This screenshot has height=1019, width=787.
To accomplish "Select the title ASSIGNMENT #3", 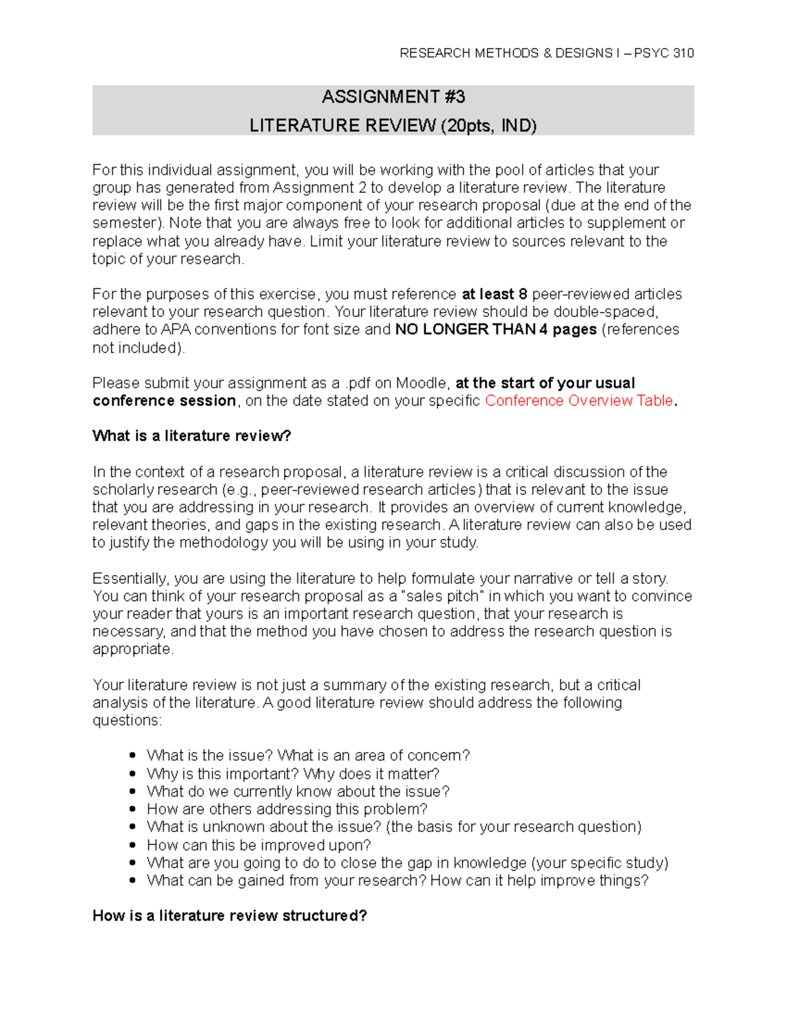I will click(393, 97).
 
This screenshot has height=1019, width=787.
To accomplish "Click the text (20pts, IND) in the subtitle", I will click(489, 125).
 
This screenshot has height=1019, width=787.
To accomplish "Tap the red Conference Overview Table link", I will click(578, 401).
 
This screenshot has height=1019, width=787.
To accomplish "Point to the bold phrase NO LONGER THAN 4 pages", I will click(496, 329).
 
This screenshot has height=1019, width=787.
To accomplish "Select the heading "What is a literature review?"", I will click(192, 436).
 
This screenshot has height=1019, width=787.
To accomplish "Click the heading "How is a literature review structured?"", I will click(230, 915).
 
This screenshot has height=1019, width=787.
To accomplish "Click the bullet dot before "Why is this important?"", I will click(133, 774).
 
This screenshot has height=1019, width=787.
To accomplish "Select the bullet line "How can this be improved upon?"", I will click(258, 845).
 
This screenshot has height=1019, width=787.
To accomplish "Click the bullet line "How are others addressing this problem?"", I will click(287, 809).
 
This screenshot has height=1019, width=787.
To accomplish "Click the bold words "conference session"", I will click(164, 401).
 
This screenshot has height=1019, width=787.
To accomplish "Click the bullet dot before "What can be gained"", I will click(133, 881).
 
